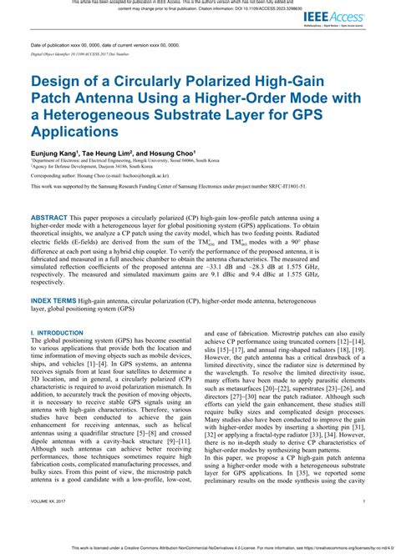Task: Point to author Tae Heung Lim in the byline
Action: [106, 154]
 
